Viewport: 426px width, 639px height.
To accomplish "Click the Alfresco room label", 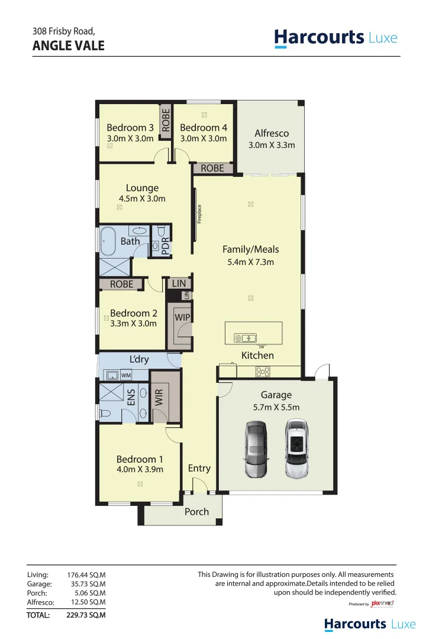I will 272,133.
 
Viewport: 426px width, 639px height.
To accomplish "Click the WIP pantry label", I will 181,318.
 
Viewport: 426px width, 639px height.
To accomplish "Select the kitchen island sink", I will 245,338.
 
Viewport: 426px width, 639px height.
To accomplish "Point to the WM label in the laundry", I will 125,375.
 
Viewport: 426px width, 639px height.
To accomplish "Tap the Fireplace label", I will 200,214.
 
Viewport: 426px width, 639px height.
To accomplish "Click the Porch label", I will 196,511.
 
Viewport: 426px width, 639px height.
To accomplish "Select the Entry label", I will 199,468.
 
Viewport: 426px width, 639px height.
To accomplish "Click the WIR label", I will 159,396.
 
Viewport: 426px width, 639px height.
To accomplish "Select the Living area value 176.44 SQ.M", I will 86,575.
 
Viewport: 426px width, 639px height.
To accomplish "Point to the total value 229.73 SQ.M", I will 86,615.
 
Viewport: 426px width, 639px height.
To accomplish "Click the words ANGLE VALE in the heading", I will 68,45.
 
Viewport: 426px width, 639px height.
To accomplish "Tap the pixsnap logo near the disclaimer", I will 382,603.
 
